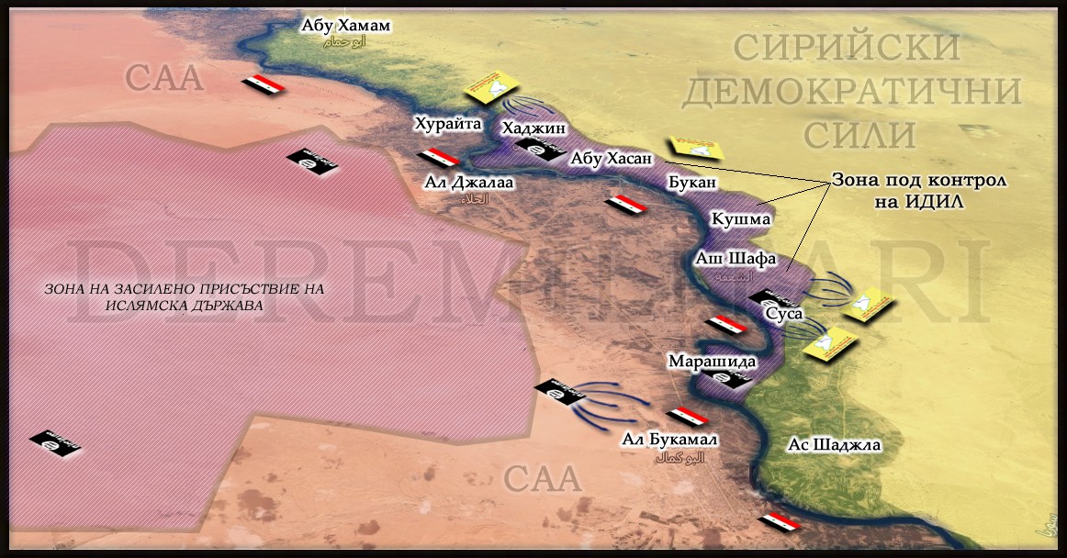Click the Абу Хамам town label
345,26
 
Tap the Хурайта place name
447,124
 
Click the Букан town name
691,183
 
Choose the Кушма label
741,219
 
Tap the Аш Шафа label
735,258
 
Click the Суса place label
783,314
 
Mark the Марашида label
704,361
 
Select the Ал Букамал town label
669,440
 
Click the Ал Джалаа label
468,183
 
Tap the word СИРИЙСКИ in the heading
847,47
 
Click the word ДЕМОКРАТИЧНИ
852,91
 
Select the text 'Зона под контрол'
919,180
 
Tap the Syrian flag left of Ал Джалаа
437,157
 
